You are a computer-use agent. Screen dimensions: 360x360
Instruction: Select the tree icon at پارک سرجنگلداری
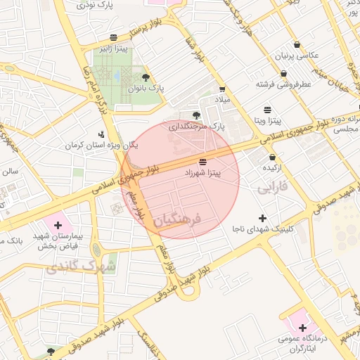click(196, 115)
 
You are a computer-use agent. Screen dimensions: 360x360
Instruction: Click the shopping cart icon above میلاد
click(222, 89)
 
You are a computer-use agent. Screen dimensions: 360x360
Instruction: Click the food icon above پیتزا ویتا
click(267, 110)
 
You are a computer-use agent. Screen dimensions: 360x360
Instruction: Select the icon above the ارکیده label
click(271, 157)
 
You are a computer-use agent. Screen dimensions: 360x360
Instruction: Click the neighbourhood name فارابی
click(273, 188)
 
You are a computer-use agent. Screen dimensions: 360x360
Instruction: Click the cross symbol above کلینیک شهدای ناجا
click(263, 218)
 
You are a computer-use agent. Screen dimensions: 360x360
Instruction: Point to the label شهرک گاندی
click(72, 267)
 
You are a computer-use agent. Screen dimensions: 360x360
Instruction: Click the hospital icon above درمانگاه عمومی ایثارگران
click(302, 328)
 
